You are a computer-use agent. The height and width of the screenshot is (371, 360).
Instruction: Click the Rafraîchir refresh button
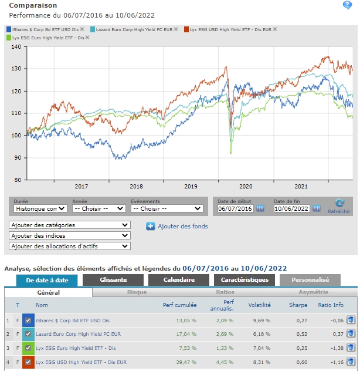tap(339, 206)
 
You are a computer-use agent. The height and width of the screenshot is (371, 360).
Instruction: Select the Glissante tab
tap(113, 281)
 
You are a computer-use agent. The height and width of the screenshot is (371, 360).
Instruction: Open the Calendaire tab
tap(179, 281)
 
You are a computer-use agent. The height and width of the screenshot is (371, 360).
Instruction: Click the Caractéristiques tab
tap(244, 281)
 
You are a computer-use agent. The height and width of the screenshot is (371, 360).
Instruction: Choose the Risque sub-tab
tap(137, 292)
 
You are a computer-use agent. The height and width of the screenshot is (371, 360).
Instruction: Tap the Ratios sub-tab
tap(225, 292)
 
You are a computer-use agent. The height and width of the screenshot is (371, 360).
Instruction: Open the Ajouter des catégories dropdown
tap(70, 225)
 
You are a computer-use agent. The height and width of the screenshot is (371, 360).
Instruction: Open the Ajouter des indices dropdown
tap(70, 235)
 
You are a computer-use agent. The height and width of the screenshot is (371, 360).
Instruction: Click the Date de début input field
tap(235, 208)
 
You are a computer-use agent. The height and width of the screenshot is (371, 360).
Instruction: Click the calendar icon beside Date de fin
tap(317, 208)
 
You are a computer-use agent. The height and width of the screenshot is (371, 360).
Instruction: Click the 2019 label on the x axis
tap(191, 186)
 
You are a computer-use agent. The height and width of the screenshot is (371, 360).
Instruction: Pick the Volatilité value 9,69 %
tap(260, 321)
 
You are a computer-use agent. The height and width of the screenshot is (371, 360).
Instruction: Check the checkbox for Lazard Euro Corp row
tap(28, 335)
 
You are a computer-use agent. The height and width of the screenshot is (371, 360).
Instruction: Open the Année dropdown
tap(97, 208)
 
